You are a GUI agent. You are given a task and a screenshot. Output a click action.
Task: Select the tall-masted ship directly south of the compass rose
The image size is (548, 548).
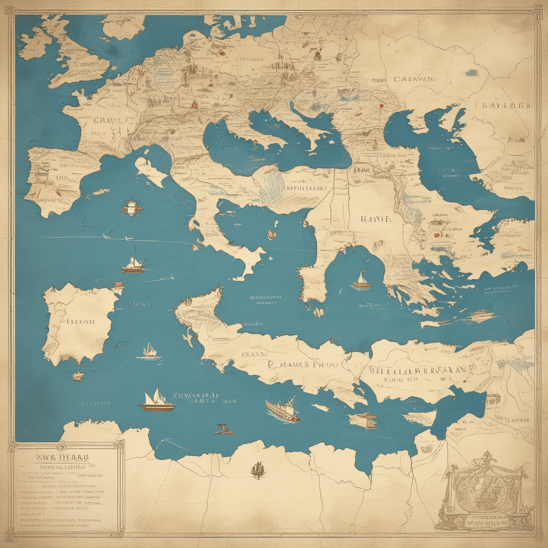[134, 262]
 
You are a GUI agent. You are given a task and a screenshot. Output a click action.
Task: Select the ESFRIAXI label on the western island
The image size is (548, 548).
[80, 321]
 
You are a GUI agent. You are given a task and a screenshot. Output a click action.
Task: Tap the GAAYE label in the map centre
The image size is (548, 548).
[376, 219]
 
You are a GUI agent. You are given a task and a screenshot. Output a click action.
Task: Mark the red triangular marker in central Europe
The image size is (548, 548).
[194, 104]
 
